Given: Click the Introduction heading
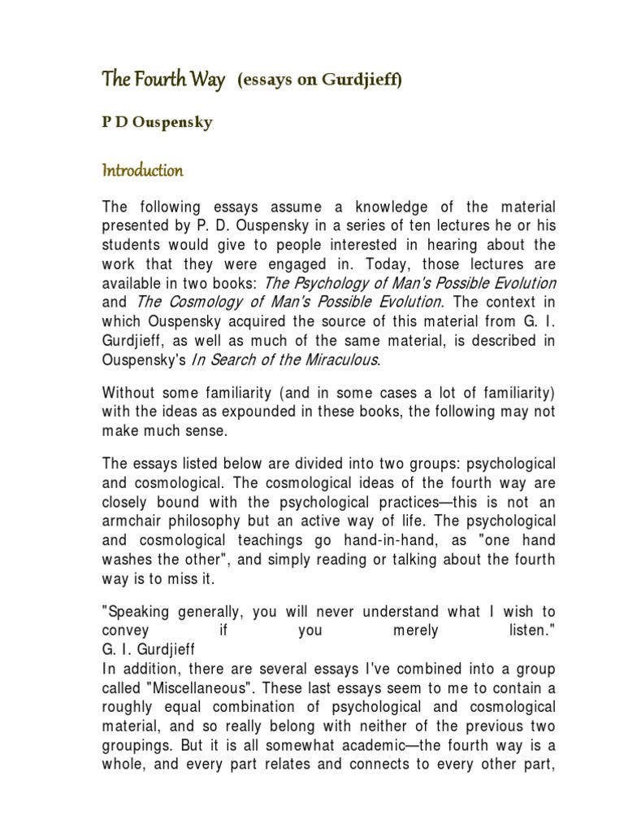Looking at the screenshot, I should coord(142,171).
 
